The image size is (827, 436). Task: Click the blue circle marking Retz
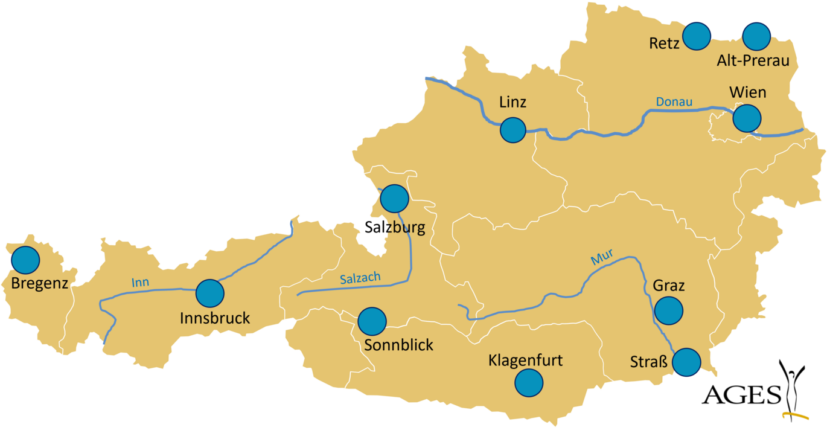coord(697,36)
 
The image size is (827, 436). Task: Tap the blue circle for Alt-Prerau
coord(756,36)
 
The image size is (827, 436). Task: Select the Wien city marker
coord(747,118)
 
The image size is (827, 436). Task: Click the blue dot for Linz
coord(513,130)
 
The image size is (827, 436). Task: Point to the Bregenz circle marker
coord(25,260)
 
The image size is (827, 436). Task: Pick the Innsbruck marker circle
coord(210,293)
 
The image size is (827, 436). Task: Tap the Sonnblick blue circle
coord(372,321)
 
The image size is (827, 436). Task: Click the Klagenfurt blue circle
coord(529,382)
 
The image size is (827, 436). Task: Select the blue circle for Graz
coord(669,310)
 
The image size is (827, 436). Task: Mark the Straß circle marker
coord(687,362)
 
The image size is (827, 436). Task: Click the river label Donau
coord(674,101)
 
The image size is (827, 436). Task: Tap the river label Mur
coord(602,258)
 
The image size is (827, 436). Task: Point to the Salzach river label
coord(360,278)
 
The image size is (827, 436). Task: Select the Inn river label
coord(140,282)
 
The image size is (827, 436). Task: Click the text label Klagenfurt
coord(525,361)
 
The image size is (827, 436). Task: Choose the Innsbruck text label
coord(215,318)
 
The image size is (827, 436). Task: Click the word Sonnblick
coord(398,345)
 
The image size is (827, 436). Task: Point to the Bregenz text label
coord(40,283)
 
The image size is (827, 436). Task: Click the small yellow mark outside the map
coord(795,415)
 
